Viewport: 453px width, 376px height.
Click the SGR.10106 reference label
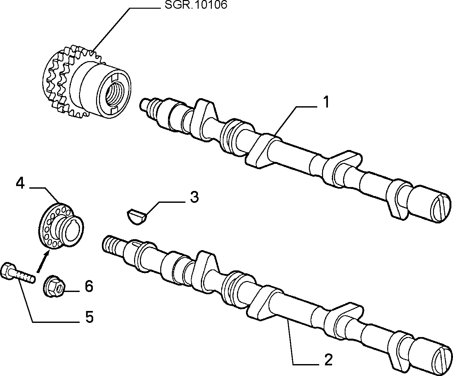(196, 5)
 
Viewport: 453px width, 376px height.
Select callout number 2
(329, 360)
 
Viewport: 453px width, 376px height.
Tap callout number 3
(194, 197)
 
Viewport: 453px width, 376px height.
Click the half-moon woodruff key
(137, 217)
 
